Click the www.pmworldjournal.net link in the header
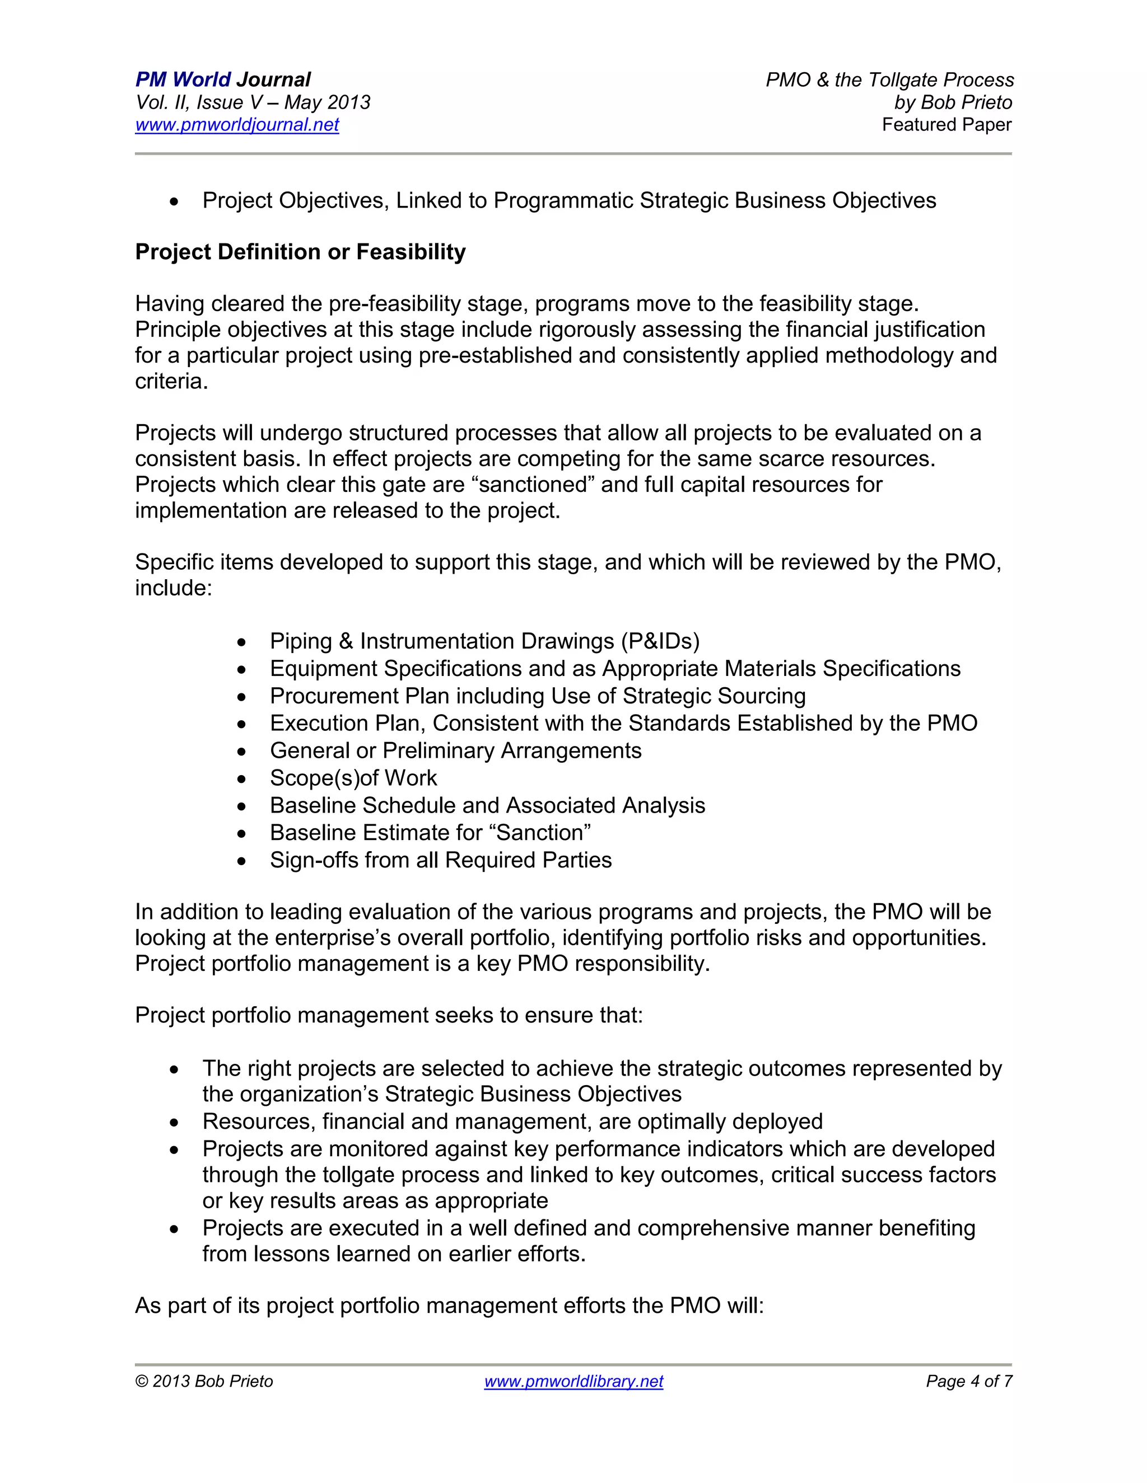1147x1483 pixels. pyautogui.click(x=236, y=125)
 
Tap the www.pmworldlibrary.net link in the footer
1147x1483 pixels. pyautogui.click(x=573, y=1381)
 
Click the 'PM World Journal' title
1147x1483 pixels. pyautogui.click(x=223, y=79)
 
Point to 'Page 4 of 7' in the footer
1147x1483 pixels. pyautogui.click(x=968, y=1381)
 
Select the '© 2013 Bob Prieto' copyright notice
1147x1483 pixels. pyautogui.click(x=204, y=1381)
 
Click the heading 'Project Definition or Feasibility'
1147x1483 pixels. pyautogui.click(x=300, y=252)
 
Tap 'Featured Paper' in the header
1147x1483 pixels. pyautogui.click(x=946, y=125)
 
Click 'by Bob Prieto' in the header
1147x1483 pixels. pyautogui.click(x=953, y=102)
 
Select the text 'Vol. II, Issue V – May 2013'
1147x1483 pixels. pyautogui.click(x=253, y=102)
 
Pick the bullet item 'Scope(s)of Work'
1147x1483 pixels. pyautogui.click(x=353, y=777)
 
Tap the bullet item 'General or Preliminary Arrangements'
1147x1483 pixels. pyautogui.click(x=455, y=750)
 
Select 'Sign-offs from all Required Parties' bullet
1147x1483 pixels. pyautogui.click(x=440, y=860)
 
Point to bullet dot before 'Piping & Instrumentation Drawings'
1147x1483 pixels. pyautogui.click(x=242, y=642)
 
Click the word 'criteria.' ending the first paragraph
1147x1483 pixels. pyautogui.click(x=171, y=382)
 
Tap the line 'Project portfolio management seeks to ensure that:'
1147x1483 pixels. pyautogui.click(x=389, y=1015)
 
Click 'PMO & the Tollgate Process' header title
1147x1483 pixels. pyautogui.click(x=889, y=80)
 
